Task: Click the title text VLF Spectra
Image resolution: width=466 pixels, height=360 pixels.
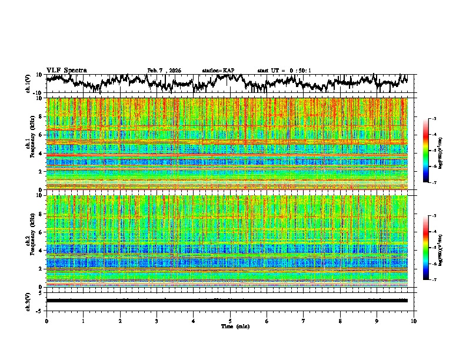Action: [x=66, y=70]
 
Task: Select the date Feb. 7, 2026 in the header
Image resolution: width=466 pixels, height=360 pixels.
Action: [x=164, y=71]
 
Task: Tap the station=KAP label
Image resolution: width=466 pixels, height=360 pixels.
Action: [x=218, y=71]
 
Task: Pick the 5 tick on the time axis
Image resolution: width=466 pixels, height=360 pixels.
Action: [x=230, y=321]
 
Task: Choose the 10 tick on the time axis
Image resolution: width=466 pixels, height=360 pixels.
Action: [x=414, y=321]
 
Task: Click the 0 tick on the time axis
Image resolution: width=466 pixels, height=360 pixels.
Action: [x=46, y=321]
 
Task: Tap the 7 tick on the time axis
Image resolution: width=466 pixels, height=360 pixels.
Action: [x=304, y=321]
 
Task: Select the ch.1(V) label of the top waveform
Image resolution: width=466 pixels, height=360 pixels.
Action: [x=28, y=84]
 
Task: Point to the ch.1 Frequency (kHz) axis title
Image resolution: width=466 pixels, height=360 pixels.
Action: [x=31, y=144]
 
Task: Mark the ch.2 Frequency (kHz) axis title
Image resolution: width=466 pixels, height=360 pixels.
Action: [x=31, y=241]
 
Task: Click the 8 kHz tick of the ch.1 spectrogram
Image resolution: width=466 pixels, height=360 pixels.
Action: [x=42, y=116]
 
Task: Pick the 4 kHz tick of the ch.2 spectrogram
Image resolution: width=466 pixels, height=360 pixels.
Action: [x=42, y=250]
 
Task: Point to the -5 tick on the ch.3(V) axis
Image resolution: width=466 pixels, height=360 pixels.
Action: [x=41, y=309]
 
